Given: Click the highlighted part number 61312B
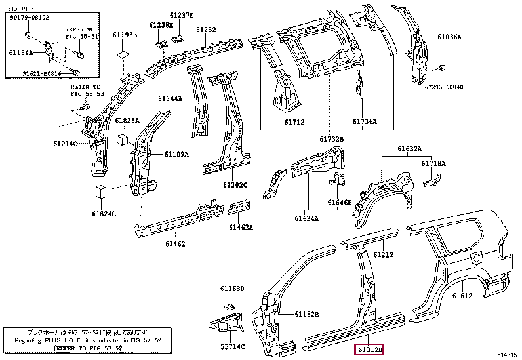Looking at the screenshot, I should pos(369,350).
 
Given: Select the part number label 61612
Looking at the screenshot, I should pos(462,296).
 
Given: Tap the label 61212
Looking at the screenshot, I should pos(384,254).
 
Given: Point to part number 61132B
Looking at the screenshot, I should pos(306,315).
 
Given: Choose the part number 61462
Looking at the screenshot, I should pos(175,244).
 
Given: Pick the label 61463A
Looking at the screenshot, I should pos(241,228).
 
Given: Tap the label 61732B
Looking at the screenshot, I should pos(332,139).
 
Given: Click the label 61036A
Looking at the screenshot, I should pos(450,37).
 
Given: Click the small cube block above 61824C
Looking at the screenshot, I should pos(100,192).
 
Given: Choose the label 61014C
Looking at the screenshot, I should pos(65,143).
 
